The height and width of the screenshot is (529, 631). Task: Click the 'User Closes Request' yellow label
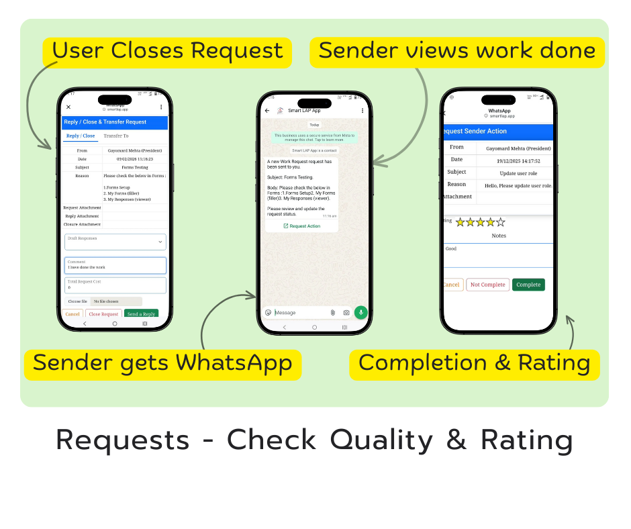[x=167, y=52]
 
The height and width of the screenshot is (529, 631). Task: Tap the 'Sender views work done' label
[x=456, y=52]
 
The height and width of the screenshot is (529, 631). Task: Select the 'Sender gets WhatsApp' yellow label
[x=162, y=364]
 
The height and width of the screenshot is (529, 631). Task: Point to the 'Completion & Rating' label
[x=474, y=364]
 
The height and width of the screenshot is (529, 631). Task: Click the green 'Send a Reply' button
[x=141, y=314]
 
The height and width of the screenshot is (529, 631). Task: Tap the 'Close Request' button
[x=103, y=314]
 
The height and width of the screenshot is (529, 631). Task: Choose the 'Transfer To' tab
[x=116, y=136]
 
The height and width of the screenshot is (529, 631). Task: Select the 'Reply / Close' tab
[x=81, y=136]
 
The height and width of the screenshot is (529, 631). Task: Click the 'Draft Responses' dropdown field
[x=115, y=242]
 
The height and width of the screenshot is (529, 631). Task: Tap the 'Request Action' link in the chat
[x=302, y=226]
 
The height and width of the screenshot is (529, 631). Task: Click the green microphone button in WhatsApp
[x=361, y=312]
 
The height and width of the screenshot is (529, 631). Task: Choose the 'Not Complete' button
[x=487, y=285]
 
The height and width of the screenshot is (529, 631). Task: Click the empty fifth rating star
[x=500, y=222]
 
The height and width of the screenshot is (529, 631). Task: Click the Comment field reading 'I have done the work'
[x=115, y=265]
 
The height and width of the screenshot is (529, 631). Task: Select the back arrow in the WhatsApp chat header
[x=267, y=110]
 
